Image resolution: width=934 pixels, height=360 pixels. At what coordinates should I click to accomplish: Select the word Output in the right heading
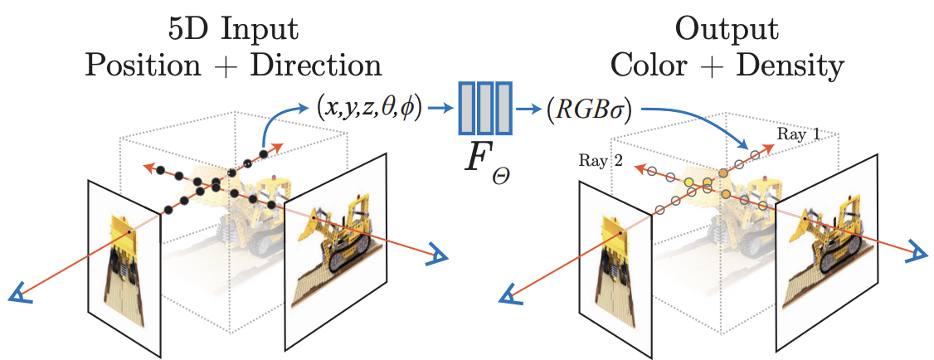pyautogui.click(x=727, y=30)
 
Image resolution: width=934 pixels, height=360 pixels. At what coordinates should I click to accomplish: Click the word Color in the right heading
pyautogui.click(x=652, y=66)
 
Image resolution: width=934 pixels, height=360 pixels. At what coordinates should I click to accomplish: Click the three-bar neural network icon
pyautogui.click(x=488, y=108)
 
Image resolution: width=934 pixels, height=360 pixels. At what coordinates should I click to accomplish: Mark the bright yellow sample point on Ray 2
pyautogui.click(x=688, y=180)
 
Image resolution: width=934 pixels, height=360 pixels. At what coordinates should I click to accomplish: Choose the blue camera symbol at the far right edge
pyautogui.click(x=917, y=251)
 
